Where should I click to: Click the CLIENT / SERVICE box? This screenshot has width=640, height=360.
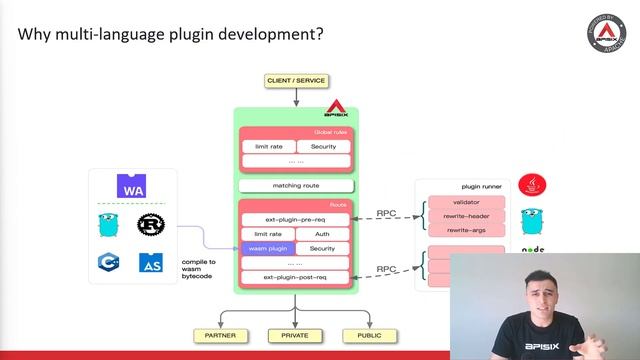tap(296, 80)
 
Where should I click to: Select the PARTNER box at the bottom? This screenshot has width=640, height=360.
tap(220, 336)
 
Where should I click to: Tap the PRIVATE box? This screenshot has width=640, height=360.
tap(296, 336)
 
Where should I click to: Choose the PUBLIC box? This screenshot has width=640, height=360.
tap(370, 336)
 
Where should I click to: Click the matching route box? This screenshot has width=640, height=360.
tap(296, 186)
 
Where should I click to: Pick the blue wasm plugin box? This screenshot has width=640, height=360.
tap(268, 248)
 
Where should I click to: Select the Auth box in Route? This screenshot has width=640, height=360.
tap(323, 233)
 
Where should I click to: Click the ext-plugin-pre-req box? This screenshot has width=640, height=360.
tap(296, 219)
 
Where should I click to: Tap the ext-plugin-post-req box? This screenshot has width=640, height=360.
tap(296, 276)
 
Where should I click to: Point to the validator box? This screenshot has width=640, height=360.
tap(466, 201)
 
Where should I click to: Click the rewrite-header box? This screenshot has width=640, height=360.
tap(466, 215)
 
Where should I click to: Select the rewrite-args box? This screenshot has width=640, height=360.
tap(466, 229)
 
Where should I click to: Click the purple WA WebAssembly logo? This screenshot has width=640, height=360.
tap(132, 188)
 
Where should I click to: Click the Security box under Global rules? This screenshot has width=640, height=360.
tap(323, 147)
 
